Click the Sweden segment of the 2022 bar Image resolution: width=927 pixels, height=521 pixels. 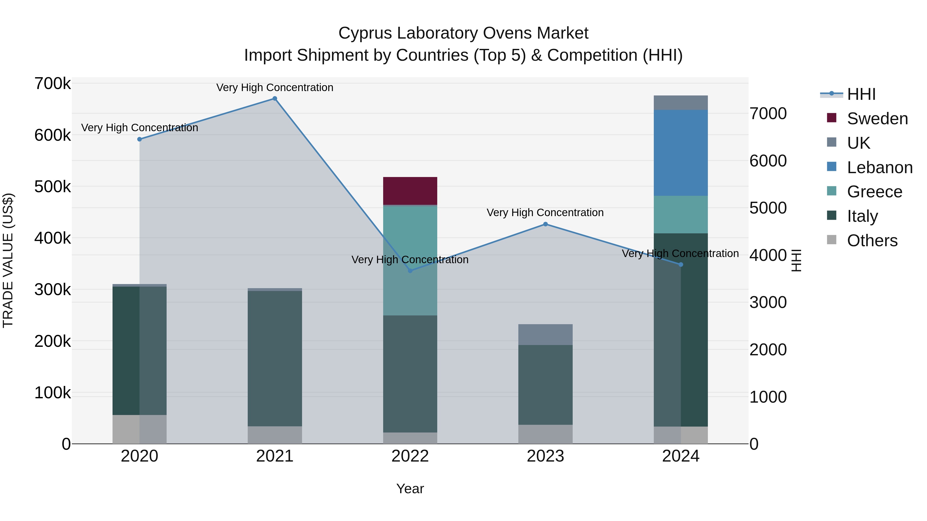point(410,191)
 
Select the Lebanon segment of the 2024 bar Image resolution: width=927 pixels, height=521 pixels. point(681,153)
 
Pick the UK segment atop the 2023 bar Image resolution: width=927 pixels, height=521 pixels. point(545,334)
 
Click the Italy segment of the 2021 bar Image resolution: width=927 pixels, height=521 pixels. point(274,358)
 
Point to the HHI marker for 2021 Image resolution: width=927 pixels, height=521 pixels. point(274,99)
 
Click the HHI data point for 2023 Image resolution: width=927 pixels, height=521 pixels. point(545,224)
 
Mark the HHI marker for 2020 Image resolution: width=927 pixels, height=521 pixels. point(140,139)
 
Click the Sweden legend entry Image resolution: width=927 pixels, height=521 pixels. point(877,119)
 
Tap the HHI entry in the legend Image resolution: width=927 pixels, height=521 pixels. point(861,94)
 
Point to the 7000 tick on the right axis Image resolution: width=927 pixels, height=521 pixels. point(768,114)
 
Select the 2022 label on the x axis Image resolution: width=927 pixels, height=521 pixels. point(410,456)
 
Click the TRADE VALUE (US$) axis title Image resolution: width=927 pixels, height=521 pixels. point(8,260)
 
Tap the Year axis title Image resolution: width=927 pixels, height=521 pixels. point(410,489)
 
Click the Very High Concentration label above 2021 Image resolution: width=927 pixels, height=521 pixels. point(274,87)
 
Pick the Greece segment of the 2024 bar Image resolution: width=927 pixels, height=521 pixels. point(681,215)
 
